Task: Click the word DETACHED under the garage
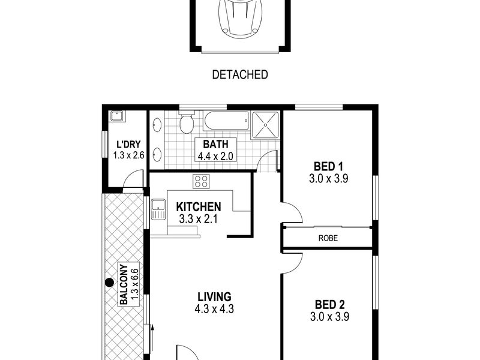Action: click(x=240, y=74)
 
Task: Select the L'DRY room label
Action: click(x=128, y=144)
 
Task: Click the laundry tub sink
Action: click(x=116, y=116)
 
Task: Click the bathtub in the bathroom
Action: click(x=227, y=121)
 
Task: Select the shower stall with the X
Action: click(x=265, y=125)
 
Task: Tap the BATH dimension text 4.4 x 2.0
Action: click(x=215, y=157)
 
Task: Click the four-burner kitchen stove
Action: click(x=201, y=181)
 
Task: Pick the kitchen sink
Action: click(x=158, y=209)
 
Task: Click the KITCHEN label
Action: click(x=199, y=207)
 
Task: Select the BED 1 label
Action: click(x=328, y=167)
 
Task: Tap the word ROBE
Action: click(x=328, y=238)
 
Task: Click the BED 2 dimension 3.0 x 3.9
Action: click(x=329, y=317)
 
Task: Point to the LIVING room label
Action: click(x=214, y=297)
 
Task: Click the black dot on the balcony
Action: click(x=110, y=283)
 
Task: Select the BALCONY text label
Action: click(x=124, y=284)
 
